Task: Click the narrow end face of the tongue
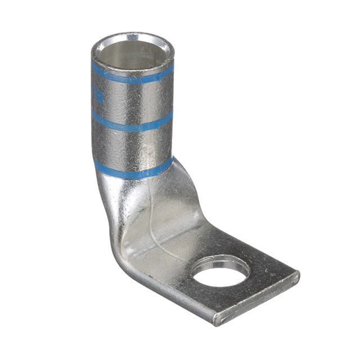pyautogui.click(x=259, y=301)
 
